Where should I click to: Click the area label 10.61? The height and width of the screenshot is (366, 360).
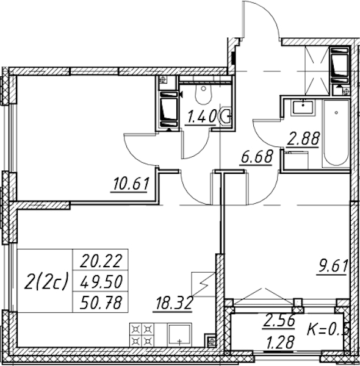[x=131, y=184]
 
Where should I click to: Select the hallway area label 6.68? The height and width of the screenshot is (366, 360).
[x=257, y=157]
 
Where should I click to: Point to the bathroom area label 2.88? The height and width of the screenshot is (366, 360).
[x=303, y=138]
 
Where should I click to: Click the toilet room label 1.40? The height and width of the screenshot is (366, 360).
[x=201, y=117]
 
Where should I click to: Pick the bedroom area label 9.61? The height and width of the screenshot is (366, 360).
[x=333, y=266]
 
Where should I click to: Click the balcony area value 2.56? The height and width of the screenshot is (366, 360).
[x=279, y=320]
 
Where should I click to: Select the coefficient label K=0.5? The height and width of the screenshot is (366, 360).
[x=328, y=329]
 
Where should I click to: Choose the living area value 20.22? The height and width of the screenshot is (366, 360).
[x=101, y=261]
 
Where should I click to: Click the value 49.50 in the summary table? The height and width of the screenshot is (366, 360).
[x=101, y=282]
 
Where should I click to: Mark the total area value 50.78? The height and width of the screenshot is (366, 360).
[x=101, y=303]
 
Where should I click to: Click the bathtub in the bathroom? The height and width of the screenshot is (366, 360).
[x=336, y=133]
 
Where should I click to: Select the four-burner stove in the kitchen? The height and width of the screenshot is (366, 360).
[x=142, y=335]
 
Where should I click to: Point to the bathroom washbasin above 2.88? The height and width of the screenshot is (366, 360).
[x=303, y=107]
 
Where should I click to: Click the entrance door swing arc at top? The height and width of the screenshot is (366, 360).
[x=269, y=14]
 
